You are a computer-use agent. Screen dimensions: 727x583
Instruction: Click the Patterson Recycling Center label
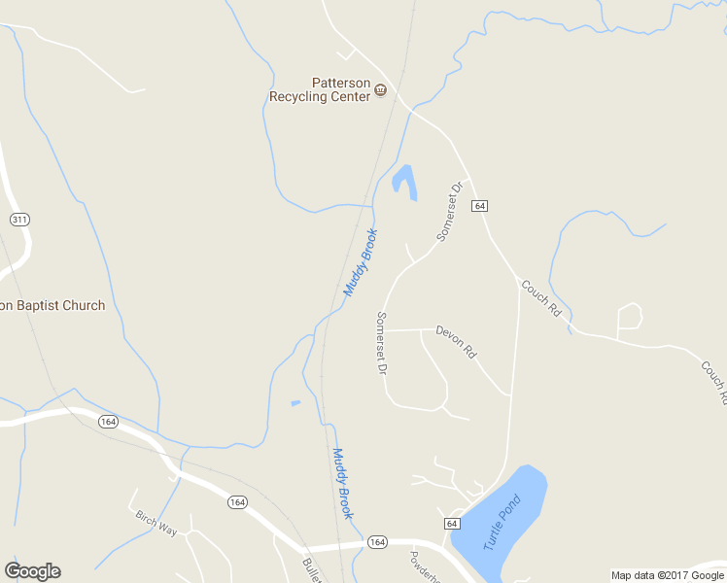click(320, 89)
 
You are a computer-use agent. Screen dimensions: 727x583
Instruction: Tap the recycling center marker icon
click(380, 91)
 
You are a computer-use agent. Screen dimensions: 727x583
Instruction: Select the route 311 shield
click(19, 220)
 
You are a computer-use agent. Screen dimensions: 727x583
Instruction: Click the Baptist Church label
click(52, 305)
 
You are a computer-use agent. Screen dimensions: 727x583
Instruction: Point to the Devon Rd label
click(455, 341)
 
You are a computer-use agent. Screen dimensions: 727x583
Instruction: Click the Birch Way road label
click(156, 524)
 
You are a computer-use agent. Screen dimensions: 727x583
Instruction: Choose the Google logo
click(32, 571)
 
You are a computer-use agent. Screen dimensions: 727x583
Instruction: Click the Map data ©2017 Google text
click(668, 575)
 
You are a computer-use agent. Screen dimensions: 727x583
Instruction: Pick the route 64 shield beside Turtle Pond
click(452, 524)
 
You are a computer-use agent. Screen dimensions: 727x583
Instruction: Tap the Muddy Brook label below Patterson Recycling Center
click(360, 262)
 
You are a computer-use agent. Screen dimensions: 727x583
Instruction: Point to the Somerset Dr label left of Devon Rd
click(382, 343)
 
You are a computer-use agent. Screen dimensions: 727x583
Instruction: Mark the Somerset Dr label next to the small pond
click(448, 210)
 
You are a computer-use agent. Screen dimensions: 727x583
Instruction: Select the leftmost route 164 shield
click(108, 421)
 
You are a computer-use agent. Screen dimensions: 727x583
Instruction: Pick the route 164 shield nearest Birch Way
click(237, 501)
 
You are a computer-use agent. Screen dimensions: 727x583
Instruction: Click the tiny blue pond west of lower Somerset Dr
click(295, 403)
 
